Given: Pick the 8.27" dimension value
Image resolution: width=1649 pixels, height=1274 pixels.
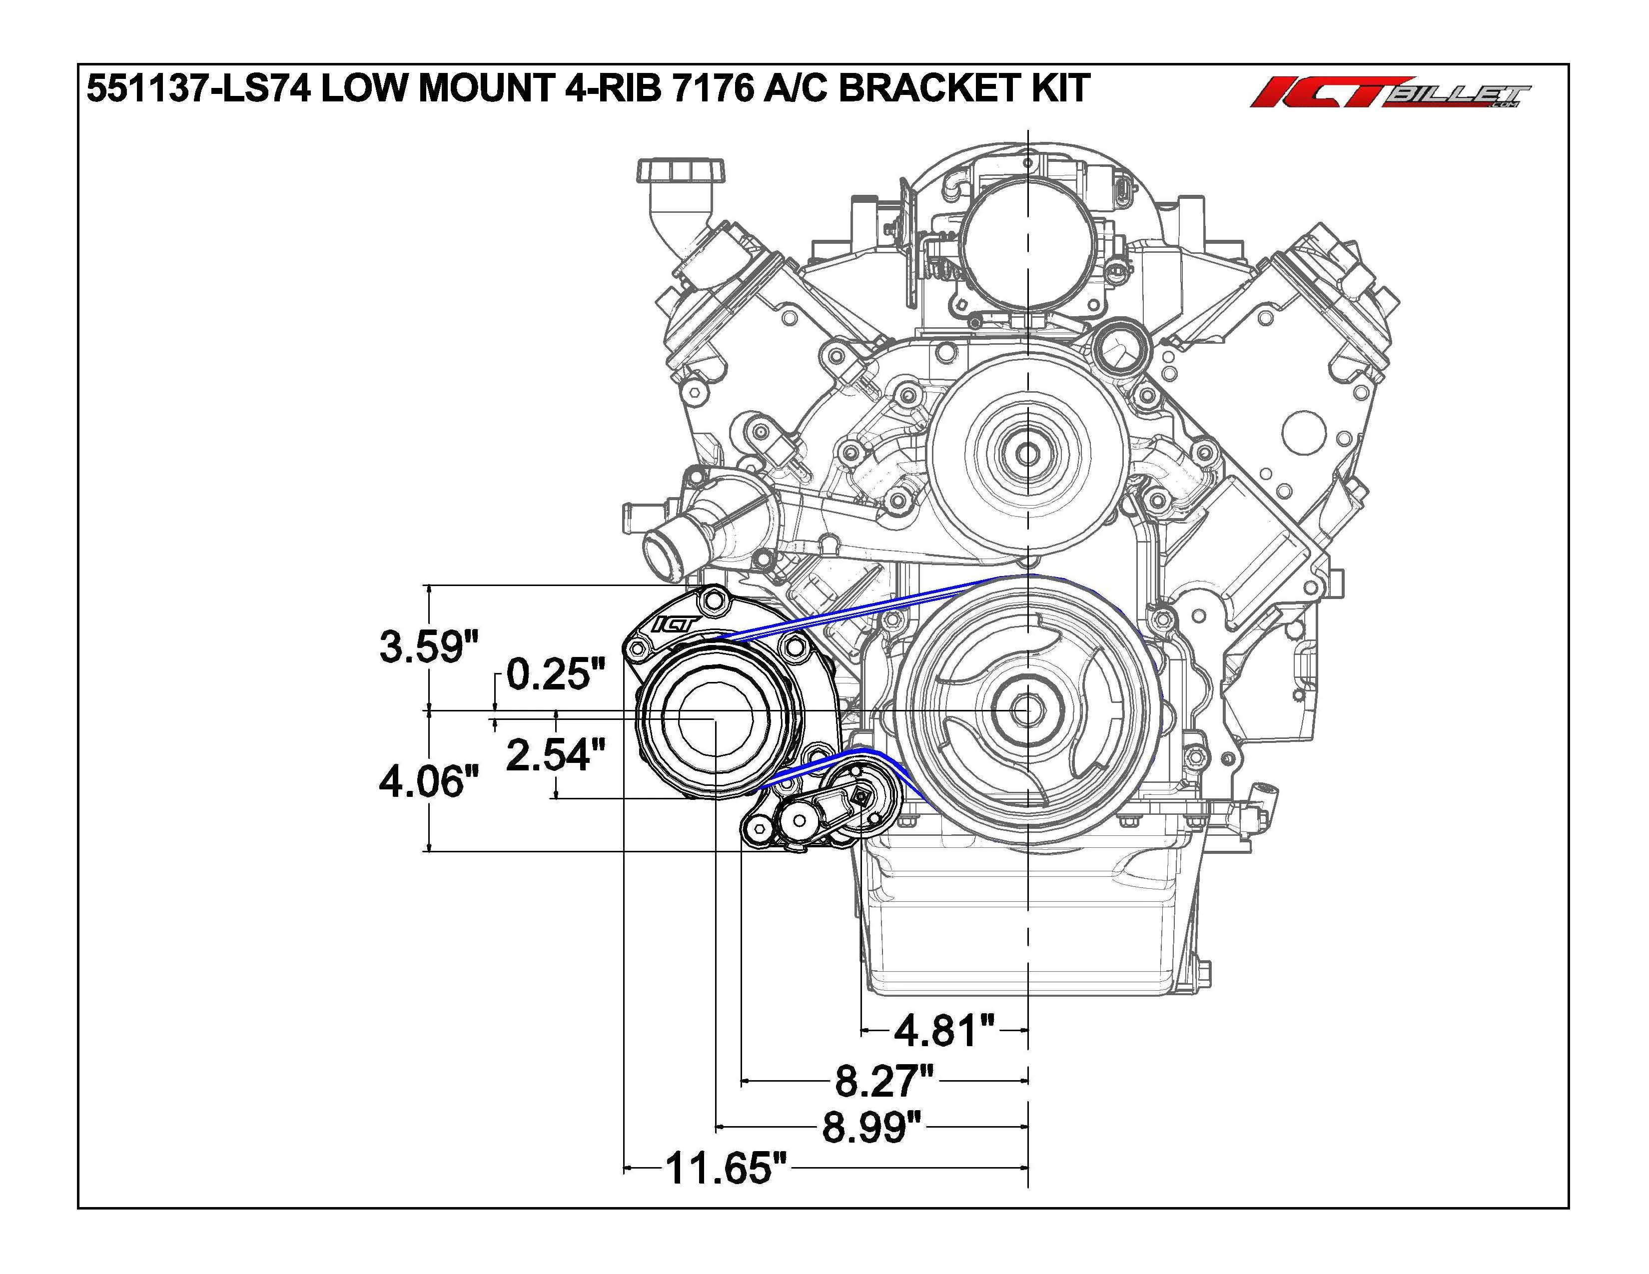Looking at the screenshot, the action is click(x=884, y=1081).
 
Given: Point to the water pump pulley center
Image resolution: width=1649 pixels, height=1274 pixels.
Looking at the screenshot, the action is click(x=1027, y=453).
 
